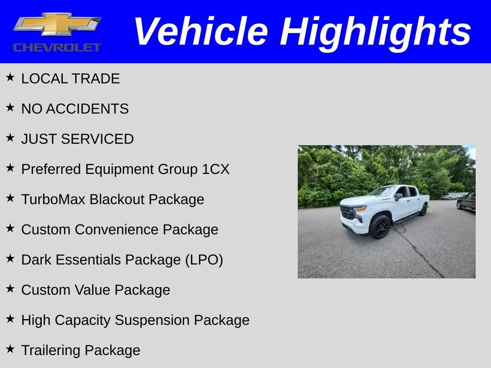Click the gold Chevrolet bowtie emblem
tap(57, 24)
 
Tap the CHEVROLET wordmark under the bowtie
tap(57, 47)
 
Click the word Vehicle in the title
tap(200, 32)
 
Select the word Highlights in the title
tap(375, 32)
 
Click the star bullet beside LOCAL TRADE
tap(10, 77)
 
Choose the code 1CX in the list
tap(216, 169)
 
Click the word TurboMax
tap(53, 199)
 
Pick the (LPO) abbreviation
tap(204, 260)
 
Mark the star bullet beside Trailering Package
tap(10, 349)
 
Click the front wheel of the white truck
tap(380, 227)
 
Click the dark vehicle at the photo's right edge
tap(466, 201)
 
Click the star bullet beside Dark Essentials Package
tap(10, 258)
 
